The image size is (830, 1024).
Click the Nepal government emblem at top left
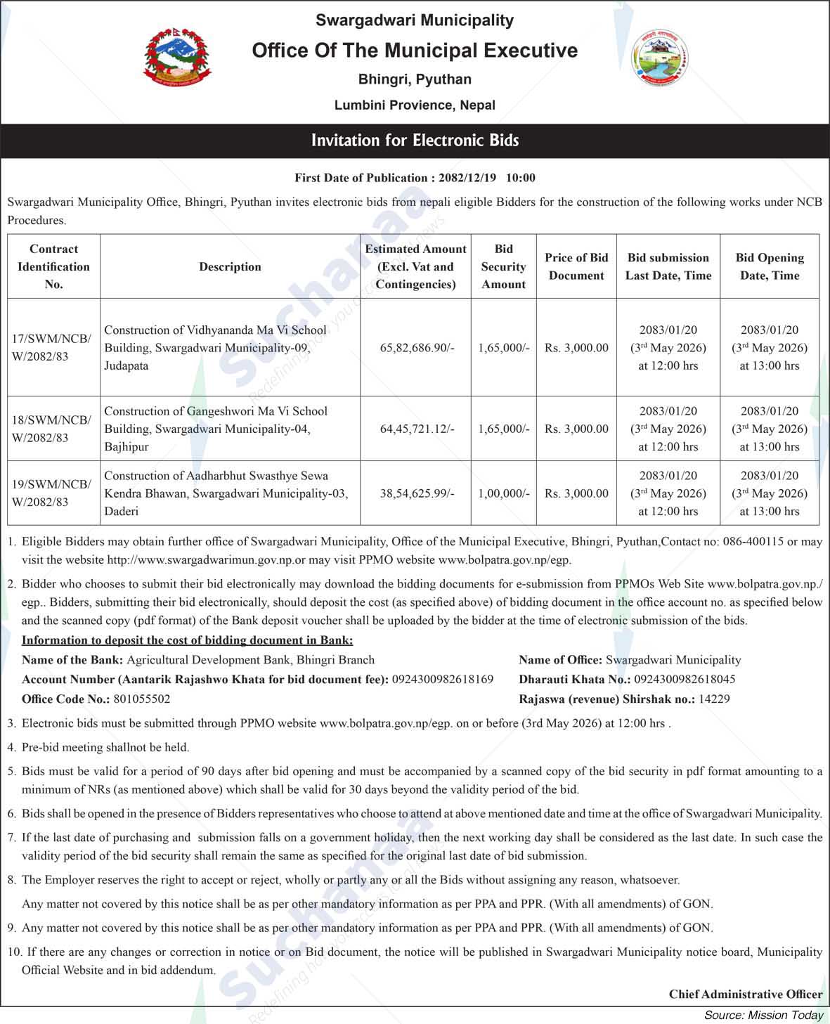click(176, 58)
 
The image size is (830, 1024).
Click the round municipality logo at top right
click(660, 58)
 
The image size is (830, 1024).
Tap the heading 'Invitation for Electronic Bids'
click(415, 141)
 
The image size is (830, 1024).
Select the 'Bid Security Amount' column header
click(503, 267)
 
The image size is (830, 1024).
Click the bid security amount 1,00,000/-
click(503, 493)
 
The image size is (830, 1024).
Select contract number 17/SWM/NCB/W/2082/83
click(51, 347)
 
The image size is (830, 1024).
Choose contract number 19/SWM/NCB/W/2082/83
click(51, 493)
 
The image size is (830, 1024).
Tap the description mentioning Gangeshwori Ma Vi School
click(216, 429)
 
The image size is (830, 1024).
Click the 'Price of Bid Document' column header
click(576, 267)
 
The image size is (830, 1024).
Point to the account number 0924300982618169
click(443, 680)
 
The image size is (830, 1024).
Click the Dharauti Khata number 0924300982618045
click(685, 680)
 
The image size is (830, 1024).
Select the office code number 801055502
click(141, 699)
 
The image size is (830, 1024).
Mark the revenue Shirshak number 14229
click(714, 699)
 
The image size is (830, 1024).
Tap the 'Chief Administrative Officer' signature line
click(745, 994)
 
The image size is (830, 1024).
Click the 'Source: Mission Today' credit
click(763, 1015)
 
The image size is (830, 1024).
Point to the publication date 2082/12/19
click(467, 179)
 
